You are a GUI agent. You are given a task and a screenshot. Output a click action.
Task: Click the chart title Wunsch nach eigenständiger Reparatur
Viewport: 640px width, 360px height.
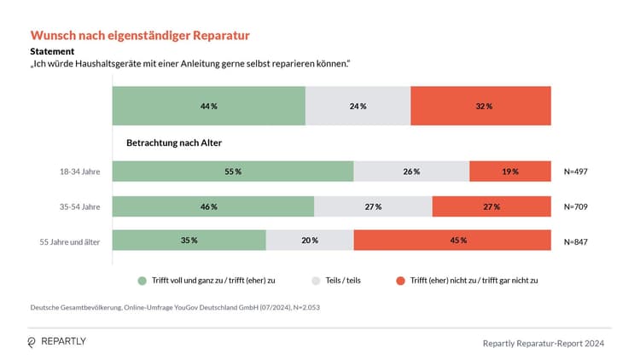pyautogui.click(x=140, y=36)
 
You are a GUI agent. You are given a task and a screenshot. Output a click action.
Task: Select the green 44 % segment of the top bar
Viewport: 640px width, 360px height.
pyautogui.click(x=208, y=106)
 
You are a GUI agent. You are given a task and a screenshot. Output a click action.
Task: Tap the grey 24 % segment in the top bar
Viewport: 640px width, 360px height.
pyautogui.click(x=358, y=106)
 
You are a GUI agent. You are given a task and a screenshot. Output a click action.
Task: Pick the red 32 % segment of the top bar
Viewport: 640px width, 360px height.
pyautogui.click(x=481, y=106)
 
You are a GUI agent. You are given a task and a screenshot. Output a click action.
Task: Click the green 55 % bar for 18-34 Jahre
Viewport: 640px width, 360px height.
pyautogui.click(x=232, y=171)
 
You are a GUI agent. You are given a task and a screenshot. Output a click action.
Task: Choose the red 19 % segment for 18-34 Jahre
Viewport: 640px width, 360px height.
pyautogui.click(x=510, y=171)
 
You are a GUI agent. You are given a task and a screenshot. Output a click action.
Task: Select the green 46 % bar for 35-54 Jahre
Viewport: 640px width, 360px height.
pyautogui.click(x=213, y=206)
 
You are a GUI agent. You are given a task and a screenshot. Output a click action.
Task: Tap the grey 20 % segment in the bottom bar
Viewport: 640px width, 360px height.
pyautogui.click(x=310, y=241)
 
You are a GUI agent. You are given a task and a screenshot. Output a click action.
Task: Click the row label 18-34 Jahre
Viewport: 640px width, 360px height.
pyautogui.click(x=79, y=171)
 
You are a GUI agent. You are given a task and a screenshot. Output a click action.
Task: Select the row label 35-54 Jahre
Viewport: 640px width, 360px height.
pyautogui.click(x=79, y=206)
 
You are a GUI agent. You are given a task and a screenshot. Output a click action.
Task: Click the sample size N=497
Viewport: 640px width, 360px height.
pyautogui.click(x=576, y=171)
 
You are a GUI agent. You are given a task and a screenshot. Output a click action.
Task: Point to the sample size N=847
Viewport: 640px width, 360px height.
pyautogui.click(x=576, y=241)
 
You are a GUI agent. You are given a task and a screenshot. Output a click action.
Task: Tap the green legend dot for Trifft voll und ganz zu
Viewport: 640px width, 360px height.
pyautogui.click(x=142, y=280)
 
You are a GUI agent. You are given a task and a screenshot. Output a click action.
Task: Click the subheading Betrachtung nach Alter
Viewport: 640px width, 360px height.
pyautogui.click(x=174, y=142)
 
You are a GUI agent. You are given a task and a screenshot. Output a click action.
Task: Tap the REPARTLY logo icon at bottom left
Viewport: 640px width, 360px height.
pyautogui.click(x=32, y=342)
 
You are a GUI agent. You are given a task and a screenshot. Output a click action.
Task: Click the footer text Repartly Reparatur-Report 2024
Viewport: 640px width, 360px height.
pyautogui.click(x=544, y=343)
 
